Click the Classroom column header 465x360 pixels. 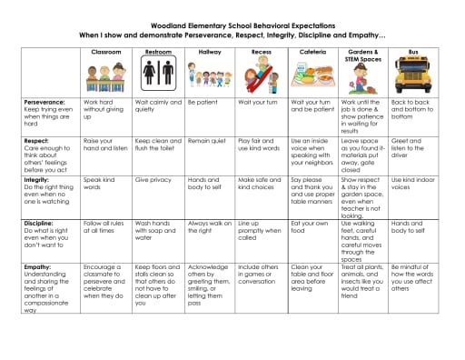coord(105,53)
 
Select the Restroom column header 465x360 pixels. coord(158,53)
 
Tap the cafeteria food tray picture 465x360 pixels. coord(312,76)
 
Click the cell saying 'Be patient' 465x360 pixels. coord(203,103)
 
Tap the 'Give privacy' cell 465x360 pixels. coord(153,180)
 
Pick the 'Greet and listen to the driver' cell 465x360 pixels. coord(412,145)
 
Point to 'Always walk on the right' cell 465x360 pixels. coord(208,226)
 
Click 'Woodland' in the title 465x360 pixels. coord(176,17)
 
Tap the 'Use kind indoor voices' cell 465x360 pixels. coord(413,185)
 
